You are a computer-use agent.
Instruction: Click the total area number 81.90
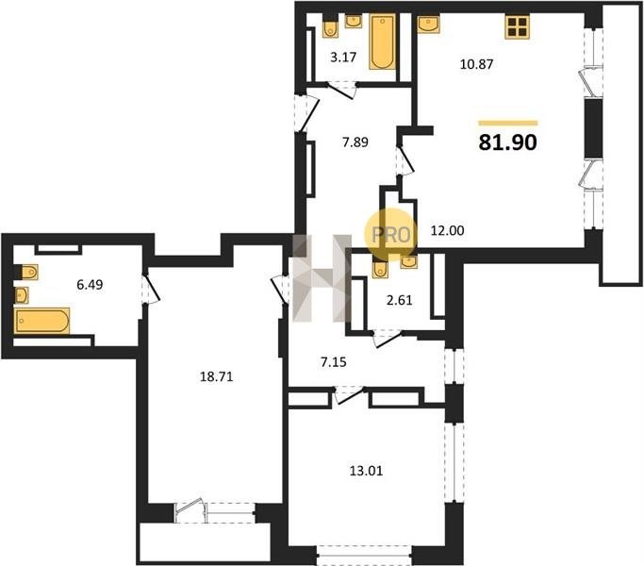pyautogui.click(x=507, y=142)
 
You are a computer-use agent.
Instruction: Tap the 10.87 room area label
pyautogui.click(x=476, y=64)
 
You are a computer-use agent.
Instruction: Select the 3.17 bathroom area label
pyautogui.click(x=343, y=57)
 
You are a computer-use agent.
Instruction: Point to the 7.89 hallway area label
pyautogui.click(x=355, y=142)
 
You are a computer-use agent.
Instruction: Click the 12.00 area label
pyautogui.click(x=447, y=230)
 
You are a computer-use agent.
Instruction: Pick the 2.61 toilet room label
pyautogui.click(x=400, y=300)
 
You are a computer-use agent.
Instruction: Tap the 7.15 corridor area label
pyautogui.click(x=333, y=362)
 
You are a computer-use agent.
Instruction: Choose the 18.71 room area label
pyautogui.click(x=217, y=376)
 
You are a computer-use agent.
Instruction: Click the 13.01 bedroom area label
pyautogui.click(x=366, y=471)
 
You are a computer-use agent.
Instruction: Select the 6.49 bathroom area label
pyautogui.click(x=90, y=285)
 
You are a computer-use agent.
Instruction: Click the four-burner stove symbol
pyautogui.click(x=517, y=27)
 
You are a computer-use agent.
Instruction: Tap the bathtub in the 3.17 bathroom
pyautogui.click(x=383, y=42)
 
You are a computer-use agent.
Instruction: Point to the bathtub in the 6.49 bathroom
pyautogui.click(x=42, y=321)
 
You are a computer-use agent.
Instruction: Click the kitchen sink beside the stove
pyautogui.click(x=428, y=24)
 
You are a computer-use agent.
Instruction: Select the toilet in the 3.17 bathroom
pyautogui.click(x=330, y=27)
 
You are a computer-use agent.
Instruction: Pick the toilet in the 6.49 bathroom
pyautogui.click(x=27, y=272)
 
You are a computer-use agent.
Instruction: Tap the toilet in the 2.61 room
pyautogui.click(x=380, y=268)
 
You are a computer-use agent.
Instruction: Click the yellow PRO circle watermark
pyautogui.click(x=390, y=235)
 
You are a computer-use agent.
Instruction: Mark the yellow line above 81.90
pyautogui.click(x=508, y=123)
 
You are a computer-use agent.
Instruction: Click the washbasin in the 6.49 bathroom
pyautogui.click(x=22, y=294)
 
